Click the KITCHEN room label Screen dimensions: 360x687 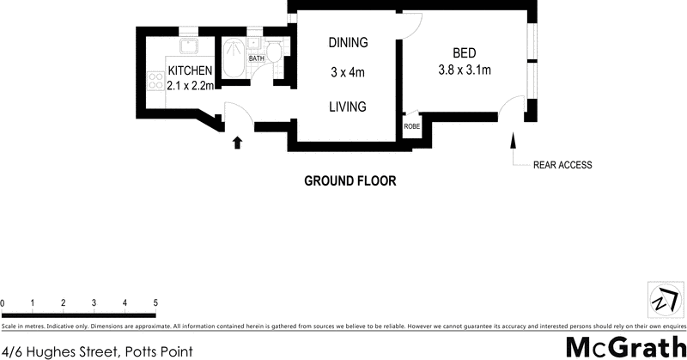tap(190, 70)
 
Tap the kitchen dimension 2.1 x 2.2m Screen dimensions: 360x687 tap(190, 85)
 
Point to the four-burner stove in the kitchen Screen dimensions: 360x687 tap(156, 82)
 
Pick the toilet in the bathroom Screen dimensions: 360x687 tap(273, 54)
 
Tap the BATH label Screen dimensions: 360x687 tap(256, 58)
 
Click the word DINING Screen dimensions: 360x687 tap(348, 42)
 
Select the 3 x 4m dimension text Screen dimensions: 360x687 tap(348, 73)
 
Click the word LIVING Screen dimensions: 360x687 tap(348, 107)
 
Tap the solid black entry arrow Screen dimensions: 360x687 tap(237, 143)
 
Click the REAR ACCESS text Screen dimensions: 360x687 tap(562, 165)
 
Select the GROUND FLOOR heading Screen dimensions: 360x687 tap(350, 181)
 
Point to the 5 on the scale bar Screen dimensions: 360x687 tap(155, 303)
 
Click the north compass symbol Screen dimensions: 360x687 tap(662, 301)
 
